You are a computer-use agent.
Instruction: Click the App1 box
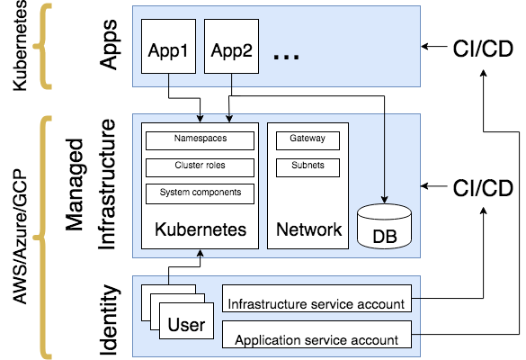(x=167, y=50)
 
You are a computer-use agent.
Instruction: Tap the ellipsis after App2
(x=285, y=55)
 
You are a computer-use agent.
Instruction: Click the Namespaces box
(x=200, y=140)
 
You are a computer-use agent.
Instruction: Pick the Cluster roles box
(x=200, y=166)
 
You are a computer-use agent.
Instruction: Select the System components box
(x=200, y=193)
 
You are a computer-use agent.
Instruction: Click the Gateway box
(x=308, y=140)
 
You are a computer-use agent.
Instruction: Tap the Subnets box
(x=308, y=166)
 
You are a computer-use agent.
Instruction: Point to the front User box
(x=187, y=325)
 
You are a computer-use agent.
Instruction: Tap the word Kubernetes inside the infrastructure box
(x=201, y=229)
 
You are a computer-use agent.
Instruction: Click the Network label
(x=308, y=229)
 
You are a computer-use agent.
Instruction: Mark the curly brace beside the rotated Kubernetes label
(x=42, y=45)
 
